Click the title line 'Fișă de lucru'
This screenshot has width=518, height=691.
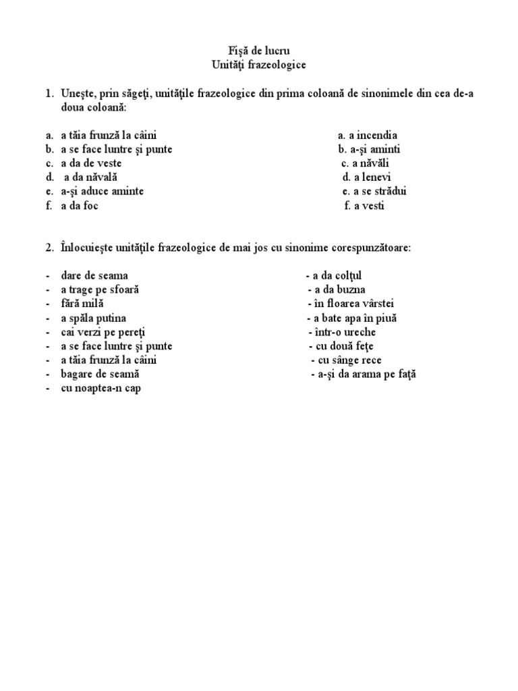tap(258, 51)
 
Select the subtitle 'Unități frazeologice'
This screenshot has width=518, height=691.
tap(258, 65)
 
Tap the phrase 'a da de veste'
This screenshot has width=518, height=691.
tap(91, 163)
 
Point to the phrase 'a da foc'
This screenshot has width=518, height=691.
tap(80, 206)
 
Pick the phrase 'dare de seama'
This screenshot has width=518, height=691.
tap(94, 276)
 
